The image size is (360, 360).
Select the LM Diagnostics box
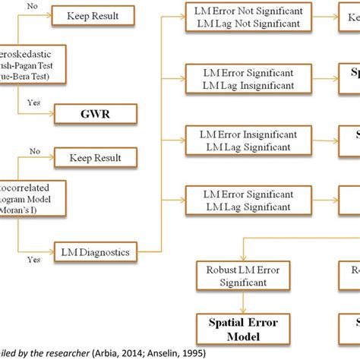[x=94, y=248]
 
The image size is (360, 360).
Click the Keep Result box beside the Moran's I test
[x=94, y=159]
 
